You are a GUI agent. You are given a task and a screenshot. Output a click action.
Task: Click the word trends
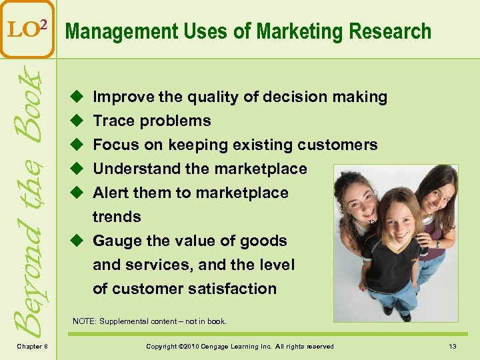point(117,217)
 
